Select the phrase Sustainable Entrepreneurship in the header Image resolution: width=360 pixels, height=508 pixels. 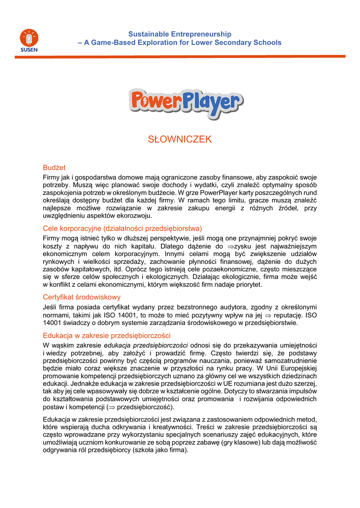[x=180, y=34]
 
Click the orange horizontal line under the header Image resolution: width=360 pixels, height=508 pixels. [x=180, y=57]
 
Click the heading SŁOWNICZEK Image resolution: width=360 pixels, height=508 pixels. [x=180, y=139]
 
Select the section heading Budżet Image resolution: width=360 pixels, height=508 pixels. [x=54, y=168]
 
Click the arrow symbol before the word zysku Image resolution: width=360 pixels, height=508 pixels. [x=230, y=246]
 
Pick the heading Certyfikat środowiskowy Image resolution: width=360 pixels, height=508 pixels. [x=81, y=297]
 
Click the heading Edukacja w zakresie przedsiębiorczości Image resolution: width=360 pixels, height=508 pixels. [x=107, y=335]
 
